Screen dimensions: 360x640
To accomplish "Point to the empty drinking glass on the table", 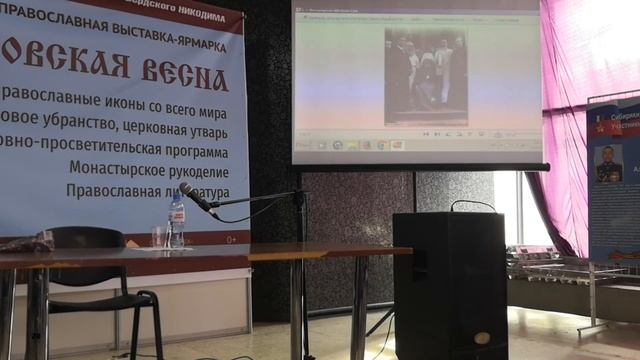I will point(159,236).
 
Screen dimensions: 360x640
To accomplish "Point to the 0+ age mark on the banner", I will point(232,239).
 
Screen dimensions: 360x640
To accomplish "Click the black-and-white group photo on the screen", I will point(426,75).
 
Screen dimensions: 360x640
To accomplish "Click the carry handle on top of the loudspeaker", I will point(472,205).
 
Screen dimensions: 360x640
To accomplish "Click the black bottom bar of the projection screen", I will point(420,167).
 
